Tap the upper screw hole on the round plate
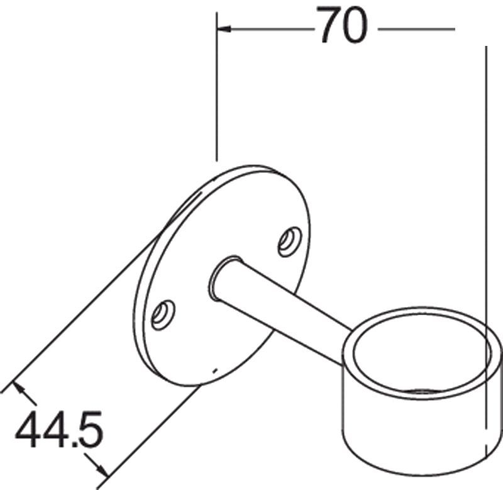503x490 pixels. (290, 241)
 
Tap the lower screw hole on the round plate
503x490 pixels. (163, 313)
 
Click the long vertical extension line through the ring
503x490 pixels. (486, 189)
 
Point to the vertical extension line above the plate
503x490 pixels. (216, 94)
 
